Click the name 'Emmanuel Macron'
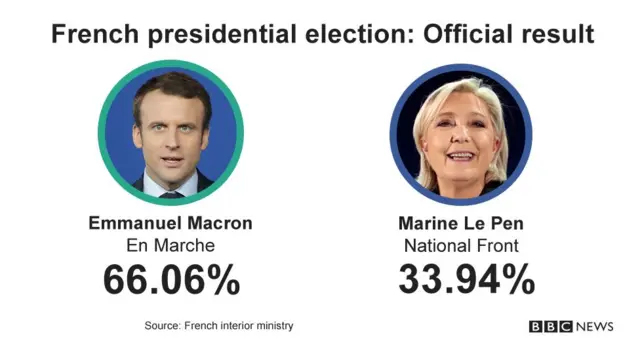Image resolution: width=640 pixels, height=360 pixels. pyautogui.click(x=171, y=222)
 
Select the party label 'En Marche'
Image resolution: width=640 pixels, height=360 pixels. pyautogui.click(x=171, y=245)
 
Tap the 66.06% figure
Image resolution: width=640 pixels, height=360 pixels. pyautogui.click(x=171, y=280)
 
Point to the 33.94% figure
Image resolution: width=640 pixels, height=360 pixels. pyautogui.click(x=467, y=280)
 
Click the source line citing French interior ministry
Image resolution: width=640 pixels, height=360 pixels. pyautogui.click(x=219, y=326)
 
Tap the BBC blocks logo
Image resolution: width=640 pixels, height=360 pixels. pyautogui.click(x=551, y=327)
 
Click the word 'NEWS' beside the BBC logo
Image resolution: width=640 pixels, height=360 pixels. pyautogui.click(x=595, y=327)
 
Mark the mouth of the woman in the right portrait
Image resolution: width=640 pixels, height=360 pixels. pyautogui.click(x=461, y=156)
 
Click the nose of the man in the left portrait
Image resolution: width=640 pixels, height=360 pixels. pyautogui.click(x=171, y=140)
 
